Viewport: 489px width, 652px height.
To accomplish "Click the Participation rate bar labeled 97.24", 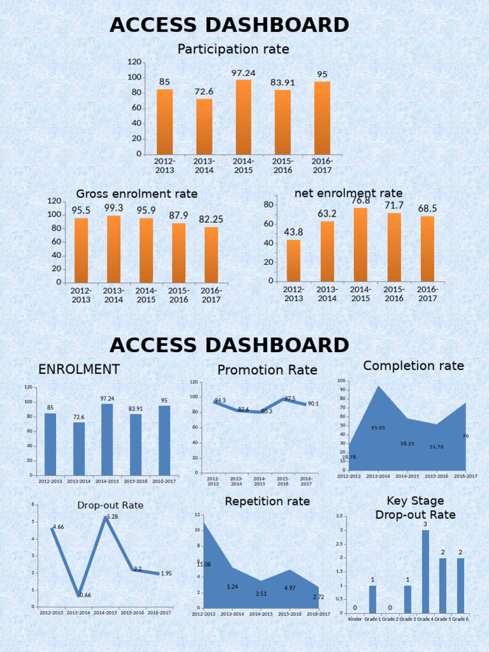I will (243, 117).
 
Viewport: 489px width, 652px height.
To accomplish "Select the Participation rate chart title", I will (233, 49).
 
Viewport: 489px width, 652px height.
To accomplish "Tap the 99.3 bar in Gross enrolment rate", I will (113, 249).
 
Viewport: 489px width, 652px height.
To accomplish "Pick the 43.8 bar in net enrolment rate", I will (294, 260).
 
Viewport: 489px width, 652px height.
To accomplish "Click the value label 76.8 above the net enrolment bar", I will (360, 201).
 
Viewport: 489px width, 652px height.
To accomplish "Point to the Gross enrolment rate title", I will (137, 194).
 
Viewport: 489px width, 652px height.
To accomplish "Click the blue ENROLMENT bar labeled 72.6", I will (79, 448).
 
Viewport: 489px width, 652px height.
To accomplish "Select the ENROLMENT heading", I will (79, 369).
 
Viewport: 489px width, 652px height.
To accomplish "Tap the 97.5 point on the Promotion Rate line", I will (285, 399).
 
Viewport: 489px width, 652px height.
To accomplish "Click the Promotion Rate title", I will (267, 370).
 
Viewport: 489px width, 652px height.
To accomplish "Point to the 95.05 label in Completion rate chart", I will (378, 428).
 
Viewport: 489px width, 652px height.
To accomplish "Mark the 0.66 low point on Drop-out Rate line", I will (79, 595).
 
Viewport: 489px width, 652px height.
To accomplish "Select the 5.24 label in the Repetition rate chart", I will (232, 586).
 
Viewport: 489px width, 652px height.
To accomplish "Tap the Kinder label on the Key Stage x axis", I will (355, 619).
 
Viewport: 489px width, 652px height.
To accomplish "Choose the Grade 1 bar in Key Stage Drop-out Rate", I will (372, 599).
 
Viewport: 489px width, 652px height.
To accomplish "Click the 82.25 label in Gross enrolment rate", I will (211, 219).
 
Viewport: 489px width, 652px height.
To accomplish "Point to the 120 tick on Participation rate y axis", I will (134, 62).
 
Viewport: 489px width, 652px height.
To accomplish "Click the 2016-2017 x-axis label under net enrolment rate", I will (427, 294).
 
